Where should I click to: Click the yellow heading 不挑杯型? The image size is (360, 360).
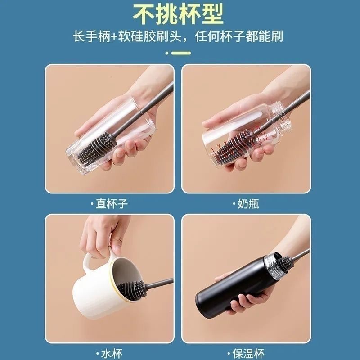(180, 15)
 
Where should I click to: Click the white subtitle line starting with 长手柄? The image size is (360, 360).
(180, 36)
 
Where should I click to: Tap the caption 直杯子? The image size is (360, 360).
(110, 204)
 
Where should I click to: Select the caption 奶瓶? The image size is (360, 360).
(246, 204)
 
